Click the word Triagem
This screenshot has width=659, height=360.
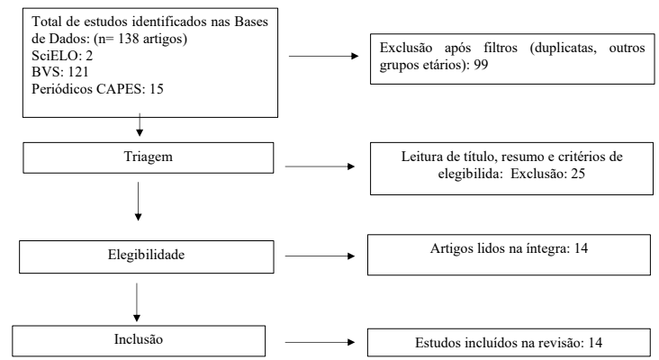(148, 157)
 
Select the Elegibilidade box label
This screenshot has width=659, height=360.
(146, 255)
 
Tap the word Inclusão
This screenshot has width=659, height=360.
(139, 339)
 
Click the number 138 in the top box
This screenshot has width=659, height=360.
(128, 39)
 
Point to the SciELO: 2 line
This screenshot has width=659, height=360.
(62, 56)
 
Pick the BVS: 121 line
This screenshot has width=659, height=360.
(60, 72)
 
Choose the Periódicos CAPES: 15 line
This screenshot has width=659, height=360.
(97, 89)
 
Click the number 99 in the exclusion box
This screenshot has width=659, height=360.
(481, 65)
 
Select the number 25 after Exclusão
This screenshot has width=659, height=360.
(578, 174)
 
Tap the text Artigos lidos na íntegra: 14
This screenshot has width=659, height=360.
(509, 248)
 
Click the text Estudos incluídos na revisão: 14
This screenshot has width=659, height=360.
(509, 343)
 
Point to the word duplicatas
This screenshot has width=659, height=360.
(564, 48)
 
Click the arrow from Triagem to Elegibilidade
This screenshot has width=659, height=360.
(138, 202)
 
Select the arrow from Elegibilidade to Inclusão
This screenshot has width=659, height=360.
(137, 302)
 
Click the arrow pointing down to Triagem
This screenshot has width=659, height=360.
(140, 125)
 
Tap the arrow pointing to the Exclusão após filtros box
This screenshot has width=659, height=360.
(323, 56)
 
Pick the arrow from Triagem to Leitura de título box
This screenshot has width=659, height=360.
(320, 166)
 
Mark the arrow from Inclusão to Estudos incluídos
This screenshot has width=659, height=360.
(320, 342)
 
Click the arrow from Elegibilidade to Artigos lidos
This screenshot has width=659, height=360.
(320, 256)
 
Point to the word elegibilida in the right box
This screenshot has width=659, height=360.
(470, 174)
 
